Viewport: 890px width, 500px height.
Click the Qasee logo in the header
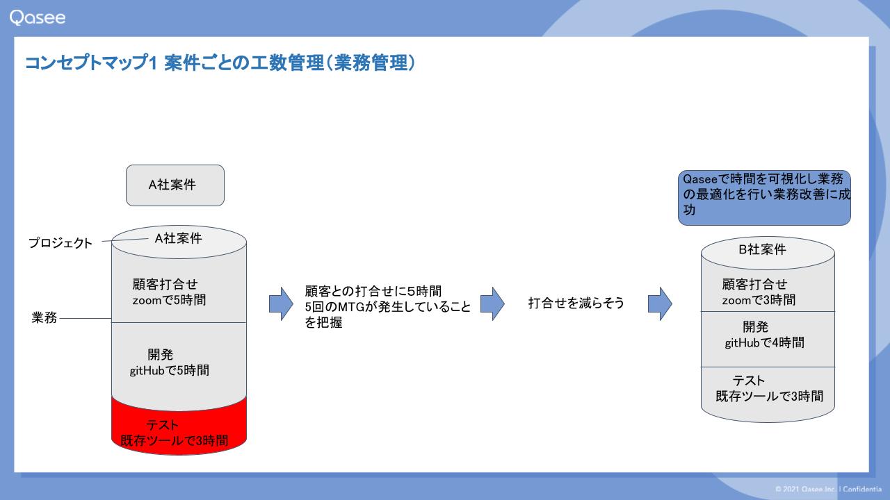click(38, 18)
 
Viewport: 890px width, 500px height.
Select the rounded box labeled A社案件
click(175, 185)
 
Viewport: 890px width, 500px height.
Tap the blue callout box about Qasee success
click(764, 198)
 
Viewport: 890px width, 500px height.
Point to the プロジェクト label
click(60, 243)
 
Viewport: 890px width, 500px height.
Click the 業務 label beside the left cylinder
click(44, 317)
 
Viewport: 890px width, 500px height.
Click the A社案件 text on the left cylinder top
click(179, 238)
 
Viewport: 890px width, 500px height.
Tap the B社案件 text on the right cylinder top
click(762, 249)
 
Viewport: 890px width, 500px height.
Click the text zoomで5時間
click(169, 300)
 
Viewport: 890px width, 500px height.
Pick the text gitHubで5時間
click(169, 370)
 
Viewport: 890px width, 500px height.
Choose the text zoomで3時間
click(759, 300)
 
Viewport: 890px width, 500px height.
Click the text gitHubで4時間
click(764, 342)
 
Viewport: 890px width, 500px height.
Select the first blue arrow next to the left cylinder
click(282, 304)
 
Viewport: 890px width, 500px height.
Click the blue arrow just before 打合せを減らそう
click(493, 304)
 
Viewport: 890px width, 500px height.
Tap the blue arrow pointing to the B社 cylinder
click(660, 304)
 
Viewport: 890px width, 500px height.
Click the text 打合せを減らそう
click(576, 303)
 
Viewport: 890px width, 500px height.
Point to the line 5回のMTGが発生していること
click(388, 307)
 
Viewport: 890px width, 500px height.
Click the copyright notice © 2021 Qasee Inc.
click(806, 489)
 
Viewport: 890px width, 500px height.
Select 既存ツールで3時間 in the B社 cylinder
click(769, 396)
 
